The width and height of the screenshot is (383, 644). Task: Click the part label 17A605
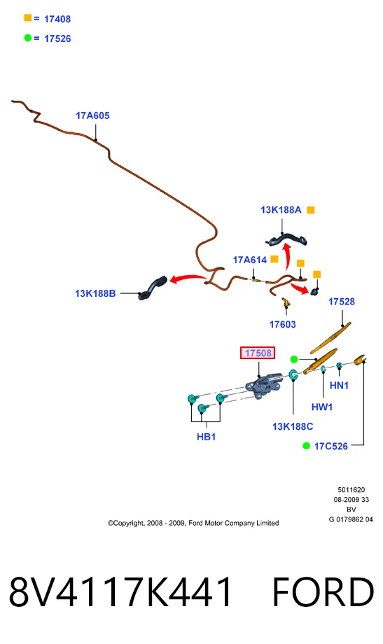click(x=92, y=115)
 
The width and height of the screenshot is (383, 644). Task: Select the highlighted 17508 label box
click(x=258, y=353)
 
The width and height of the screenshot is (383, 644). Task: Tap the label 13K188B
click(x=95, y=294)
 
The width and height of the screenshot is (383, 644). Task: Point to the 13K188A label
click(x=281, y=210)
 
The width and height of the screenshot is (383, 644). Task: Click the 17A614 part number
click(x=250, y=260)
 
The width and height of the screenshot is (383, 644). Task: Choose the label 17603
click(x=282, y=325)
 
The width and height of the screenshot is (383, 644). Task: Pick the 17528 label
click(x=341, y=302)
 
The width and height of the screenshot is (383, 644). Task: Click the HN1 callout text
click(x=339, y=385)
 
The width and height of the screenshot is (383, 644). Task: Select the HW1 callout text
click(x=322, y=407)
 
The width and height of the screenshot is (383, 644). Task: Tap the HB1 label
click(x=207, y=437)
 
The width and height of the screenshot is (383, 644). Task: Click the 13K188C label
click(x=293, y=427)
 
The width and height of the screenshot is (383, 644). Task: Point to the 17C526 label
click(x=330, y=447)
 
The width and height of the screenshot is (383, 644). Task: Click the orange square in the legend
click(x=28, y=17)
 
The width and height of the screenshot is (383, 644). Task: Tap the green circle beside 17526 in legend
click(x=28, y=38)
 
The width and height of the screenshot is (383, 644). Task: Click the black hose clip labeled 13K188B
click(x=153, y=288)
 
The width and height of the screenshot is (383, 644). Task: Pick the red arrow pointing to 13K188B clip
click(x=188, y=279)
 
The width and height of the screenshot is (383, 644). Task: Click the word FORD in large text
click(x=323, y=591)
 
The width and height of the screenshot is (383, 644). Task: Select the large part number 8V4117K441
click(x=120, y=591)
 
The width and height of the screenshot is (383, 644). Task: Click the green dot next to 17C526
click(x=306, y=446)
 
